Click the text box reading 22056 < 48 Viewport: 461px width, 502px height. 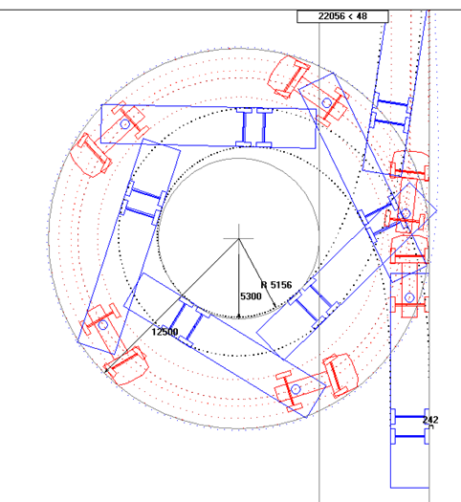[x=342, y=16]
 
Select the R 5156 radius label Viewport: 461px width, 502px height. [x=276, y=285]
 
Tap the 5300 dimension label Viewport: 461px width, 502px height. [x=251, y=296]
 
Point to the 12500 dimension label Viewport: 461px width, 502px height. [x=165, y=332]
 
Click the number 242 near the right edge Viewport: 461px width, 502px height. [x=430, y=420]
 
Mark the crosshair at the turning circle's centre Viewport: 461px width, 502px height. [x=238, y=238]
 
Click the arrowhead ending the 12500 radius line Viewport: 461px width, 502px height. [x=106, y=371]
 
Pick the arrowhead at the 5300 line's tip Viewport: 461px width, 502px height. [x=238, y=316]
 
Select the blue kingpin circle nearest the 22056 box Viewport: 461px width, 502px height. [x=326, y=103]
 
